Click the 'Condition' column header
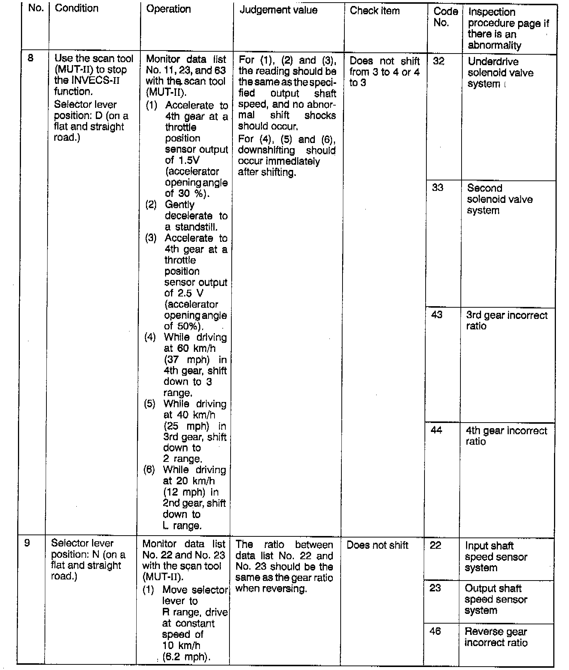click(76, 8)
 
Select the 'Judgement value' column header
click(278, 10)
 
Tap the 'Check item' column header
click(374, 10)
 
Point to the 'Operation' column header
click(168, 9)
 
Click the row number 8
click(31, 58)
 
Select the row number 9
click(27, 542)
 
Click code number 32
click(438, 61)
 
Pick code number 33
click(438, 188)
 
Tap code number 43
click(437, 314)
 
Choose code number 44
click(436, 430)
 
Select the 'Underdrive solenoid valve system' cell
click(500, 73)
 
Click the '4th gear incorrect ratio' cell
click(506, 436)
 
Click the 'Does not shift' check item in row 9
click(377, 545)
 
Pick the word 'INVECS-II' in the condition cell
click(95, 80)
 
